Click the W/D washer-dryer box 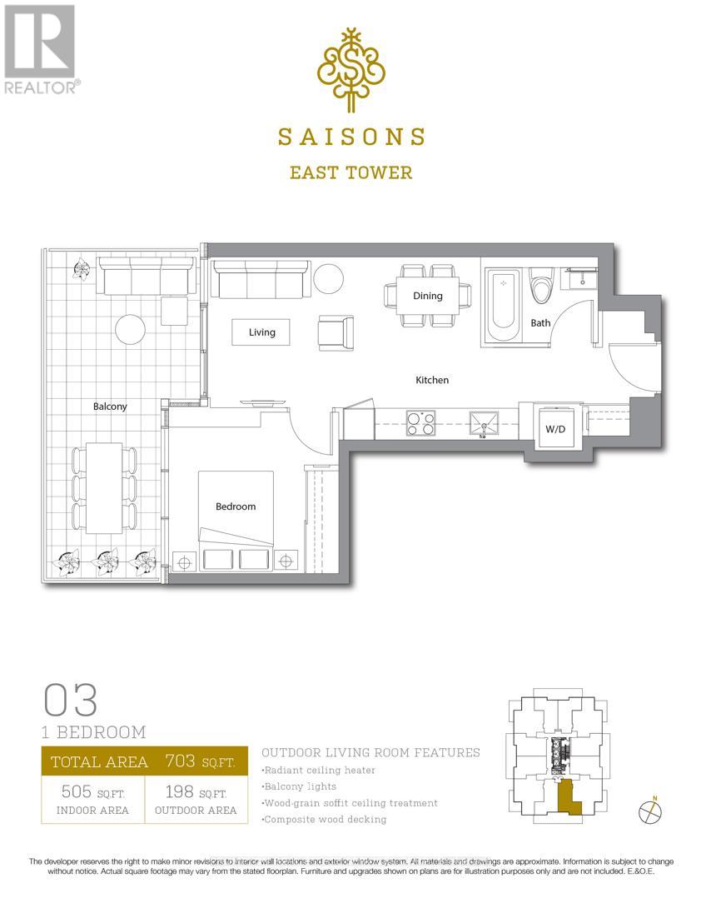[553, 429]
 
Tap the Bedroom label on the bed [236, 506]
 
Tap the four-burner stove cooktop [420, 424]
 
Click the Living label [261, 332]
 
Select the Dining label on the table [428, 296]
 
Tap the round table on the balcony [131, 330]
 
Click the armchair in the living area [336, 332]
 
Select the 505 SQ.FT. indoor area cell [92, 801]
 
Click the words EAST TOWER [350, 172]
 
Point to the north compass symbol [650, 811]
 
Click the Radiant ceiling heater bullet [318, 771]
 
